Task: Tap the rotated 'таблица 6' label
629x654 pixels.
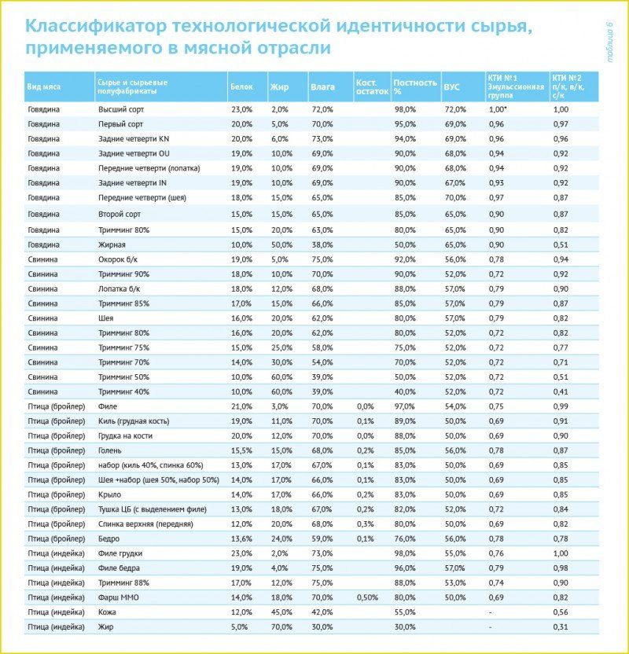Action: pos(611,44)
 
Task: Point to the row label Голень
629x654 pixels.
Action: pos(109,450)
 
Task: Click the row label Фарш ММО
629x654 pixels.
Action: pos(118,597)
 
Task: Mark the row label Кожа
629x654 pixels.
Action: pos(107,612)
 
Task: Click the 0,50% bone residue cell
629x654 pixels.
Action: pos(368,597)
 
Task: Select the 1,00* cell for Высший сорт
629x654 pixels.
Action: pos(497,109)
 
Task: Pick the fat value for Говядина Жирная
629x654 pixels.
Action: pos(281,244)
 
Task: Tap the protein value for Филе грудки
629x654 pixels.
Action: pos(241,553)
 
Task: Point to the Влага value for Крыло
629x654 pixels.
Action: pos(322,494)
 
